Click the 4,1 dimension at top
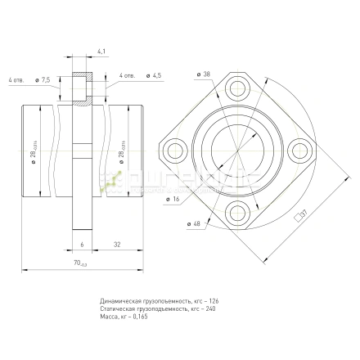click(101, 52)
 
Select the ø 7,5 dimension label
click(44, 80)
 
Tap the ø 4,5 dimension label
click(152, 75)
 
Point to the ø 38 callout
click(204, 74)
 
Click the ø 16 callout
click(173, 198)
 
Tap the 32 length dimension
click(117, 244)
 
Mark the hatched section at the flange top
click(81, 90)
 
